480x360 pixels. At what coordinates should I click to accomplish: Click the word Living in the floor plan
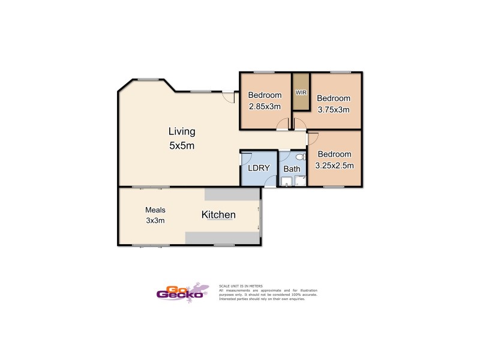pos(181,131)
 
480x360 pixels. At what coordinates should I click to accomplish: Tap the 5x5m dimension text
pos(181,145)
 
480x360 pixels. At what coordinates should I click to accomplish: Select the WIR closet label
pos(301,93)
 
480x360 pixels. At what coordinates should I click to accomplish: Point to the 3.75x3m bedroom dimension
pos(333,110)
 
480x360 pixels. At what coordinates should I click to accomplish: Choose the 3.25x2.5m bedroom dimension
pos(334,166)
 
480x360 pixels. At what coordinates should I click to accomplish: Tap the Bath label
pos(292,169)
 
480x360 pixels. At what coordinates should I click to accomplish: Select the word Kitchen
pos(218,215)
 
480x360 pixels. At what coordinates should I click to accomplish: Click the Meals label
pos(155,210)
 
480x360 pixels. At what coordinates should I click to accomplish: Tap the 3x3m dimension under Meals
pos(155,220)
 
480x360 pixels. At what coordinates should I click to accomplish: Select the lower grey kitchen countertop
pos(222,238)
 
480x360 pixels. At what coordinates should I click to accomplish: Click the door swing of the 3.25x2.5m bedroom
pos(312,137)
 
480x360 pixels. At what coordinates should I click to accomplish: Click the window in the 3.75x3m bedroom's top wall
pos(340,73)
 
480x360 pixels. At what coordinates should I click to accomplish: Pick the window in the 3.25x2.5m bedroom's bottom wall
pos(334,187)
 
